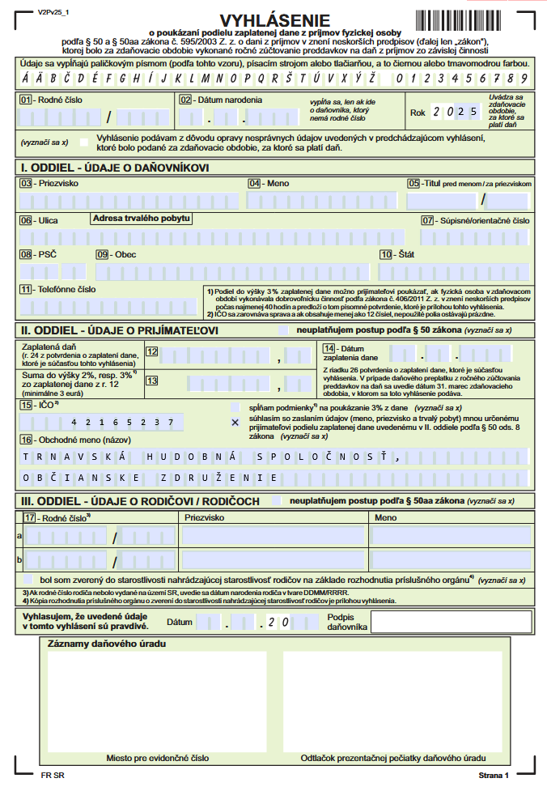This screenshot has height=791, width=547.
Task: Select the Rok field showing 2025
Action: pos(456,113)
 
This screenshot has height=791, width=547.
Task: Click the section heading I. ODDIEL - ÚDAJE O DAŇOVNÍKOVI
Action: pos(115,168)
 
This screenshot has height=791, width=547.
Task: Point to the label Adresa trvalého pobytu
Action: pos(142,219)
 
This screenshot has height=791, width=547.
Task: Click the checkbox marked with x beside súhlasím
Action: pos(235,422)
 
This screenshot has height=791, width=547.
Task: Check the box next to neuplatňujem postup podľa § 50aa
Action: pos(278,501)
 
